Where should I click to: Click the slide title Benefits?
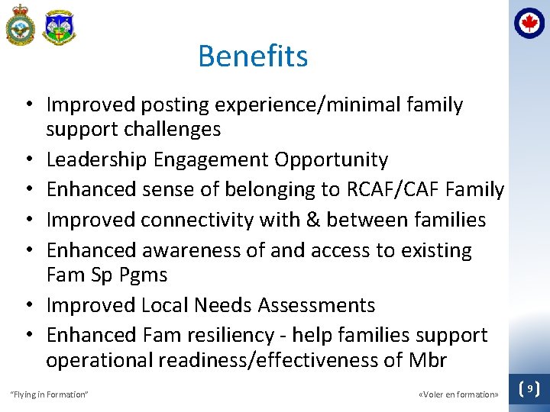coord(253,56)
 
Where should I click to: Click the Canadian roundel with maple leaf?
coord(529,23)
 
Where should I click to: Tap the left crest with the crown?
coord(20,25)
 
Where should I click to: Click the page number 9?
coord(529,389)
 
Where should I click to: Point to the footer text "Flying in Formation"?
coord(49,394)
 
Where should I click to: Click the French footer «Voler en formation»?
coord(458,394)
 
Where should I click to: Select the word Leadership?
coord(97,159)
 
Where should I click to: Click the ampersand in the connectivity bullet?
coord(312,220)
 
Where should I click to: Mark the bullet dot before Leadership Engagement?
coord(27,159)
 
